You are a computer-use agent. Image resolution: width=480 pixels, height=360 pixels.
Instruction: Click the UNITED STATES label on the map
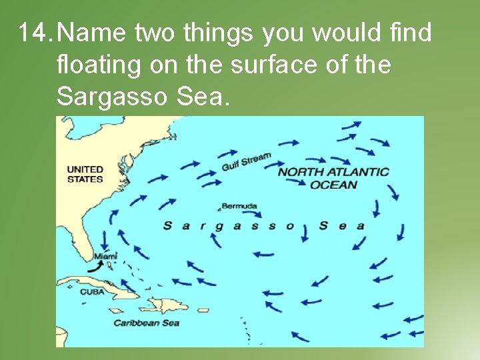coord(85,174)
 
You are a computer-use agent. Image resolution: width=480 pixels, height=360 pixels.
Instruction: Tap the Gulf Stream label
coord(246,161)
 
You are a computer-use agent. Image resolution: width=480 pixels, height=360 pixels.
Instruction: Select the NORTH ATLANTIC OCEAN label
coord(333,177)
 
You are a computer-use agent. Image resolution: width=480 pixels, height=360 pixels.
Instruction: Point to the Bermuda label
coord(239,207)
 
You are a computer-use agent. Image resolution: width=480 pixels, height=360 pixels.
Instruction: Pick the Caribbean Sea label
coord(146,323)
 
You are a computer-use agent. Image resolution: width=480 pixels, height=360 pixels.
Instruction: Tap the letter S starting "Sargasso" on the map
coord(167,226)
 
